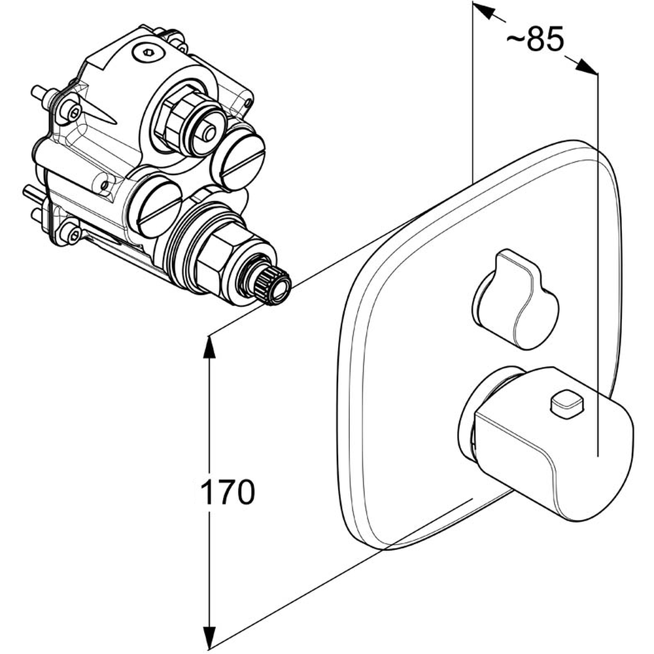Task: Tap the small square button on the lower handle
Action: [567, 404]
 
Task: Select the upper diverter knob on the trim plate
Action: [515, 299]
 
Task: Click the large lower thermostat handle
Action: [551, 442]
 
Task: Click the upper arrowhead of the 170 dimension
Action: [209, 347]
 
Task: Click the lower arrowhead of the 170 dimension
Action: [209, 637]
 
